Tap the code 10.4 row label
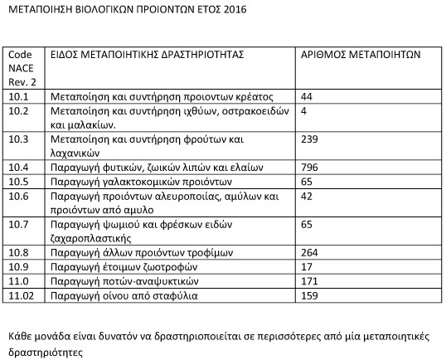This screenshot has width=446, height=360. [x=17, y=167]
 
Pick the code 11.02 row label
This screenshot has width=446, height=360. [x=21, y=294]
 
